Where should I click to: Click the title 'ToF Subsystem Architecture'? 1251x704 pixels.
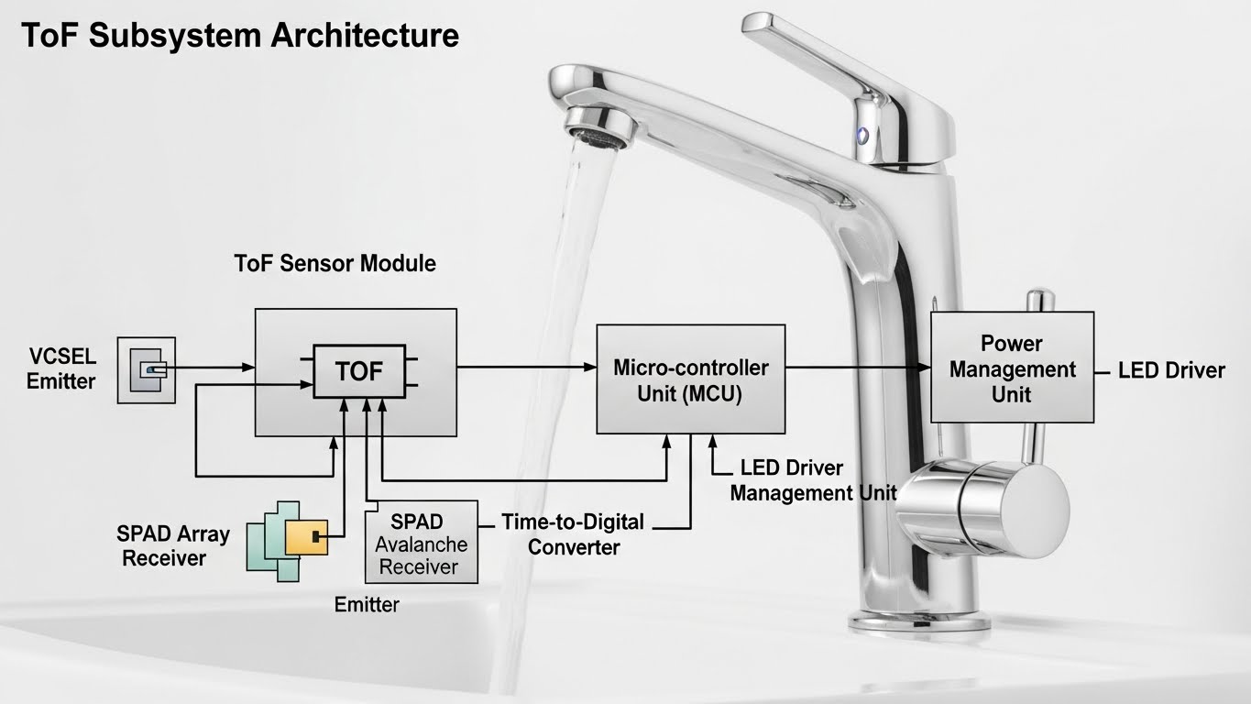tap(239, 36)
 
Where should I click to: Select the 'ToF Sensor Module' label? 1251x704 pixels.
tap(335, 264)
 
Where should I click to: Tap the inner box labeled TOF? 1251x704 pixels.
tap(359, 371)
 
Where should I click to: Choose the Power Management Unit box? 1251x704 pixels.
tap(1012, 368)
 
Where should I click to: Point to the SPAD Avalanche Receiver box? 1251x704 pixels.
tap(422, 543)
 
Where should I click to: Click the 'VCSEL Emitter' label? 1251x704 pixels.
tap(60, 369)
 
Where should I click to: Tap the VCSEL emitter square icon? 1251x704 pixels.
tap(147, 369)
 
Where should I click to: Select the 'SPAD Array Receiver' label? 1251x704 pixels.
tap(173, 545)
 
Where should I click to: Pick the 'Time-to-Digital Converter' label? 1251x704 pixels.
tap(573, 534)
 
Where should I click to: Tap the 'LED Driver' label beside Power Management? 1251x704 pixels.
tap(1171, 370)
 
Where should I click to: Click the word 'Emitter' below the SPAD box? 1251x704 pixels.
tap(367, 605)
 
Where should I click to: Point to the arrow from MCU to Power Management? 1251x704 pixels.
tap(857, 368)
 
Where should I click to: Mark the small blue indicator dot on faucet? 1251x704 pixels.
tap(861, 135)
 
